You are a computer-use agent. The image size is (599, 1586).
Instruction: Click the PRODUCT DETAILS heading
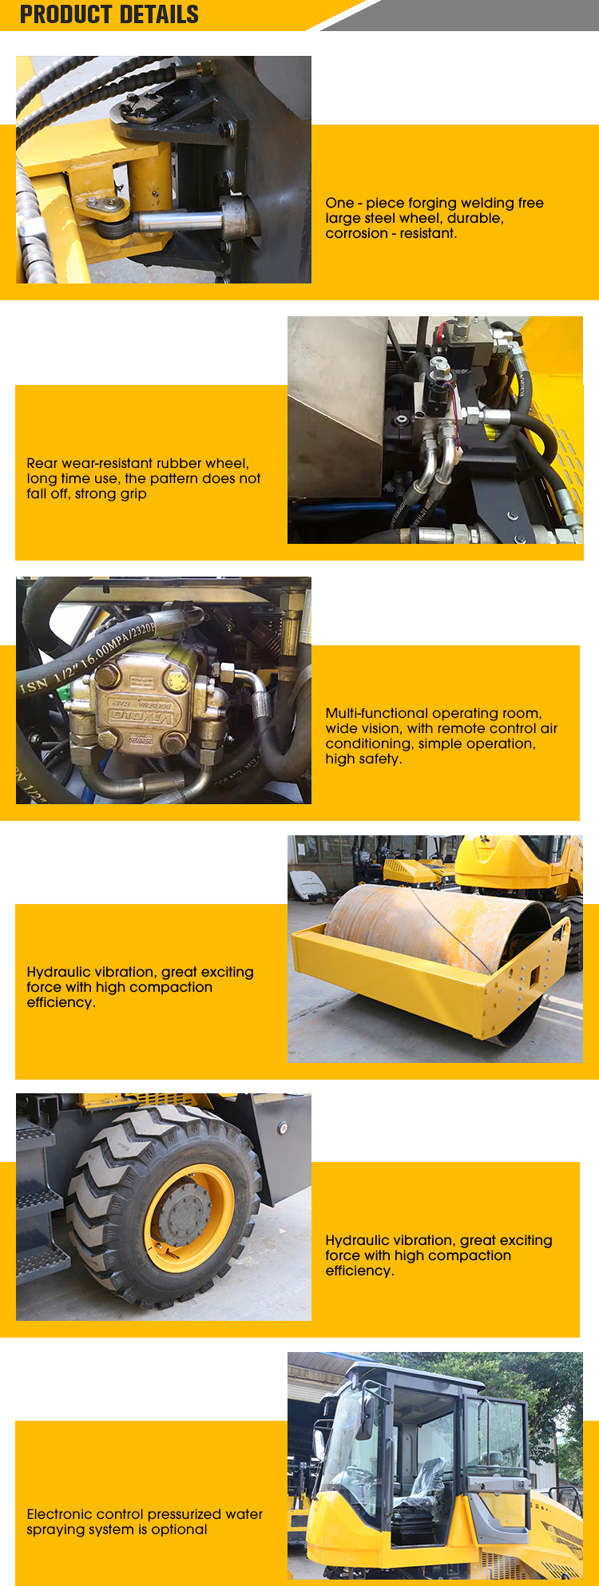tap(109, 14)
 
